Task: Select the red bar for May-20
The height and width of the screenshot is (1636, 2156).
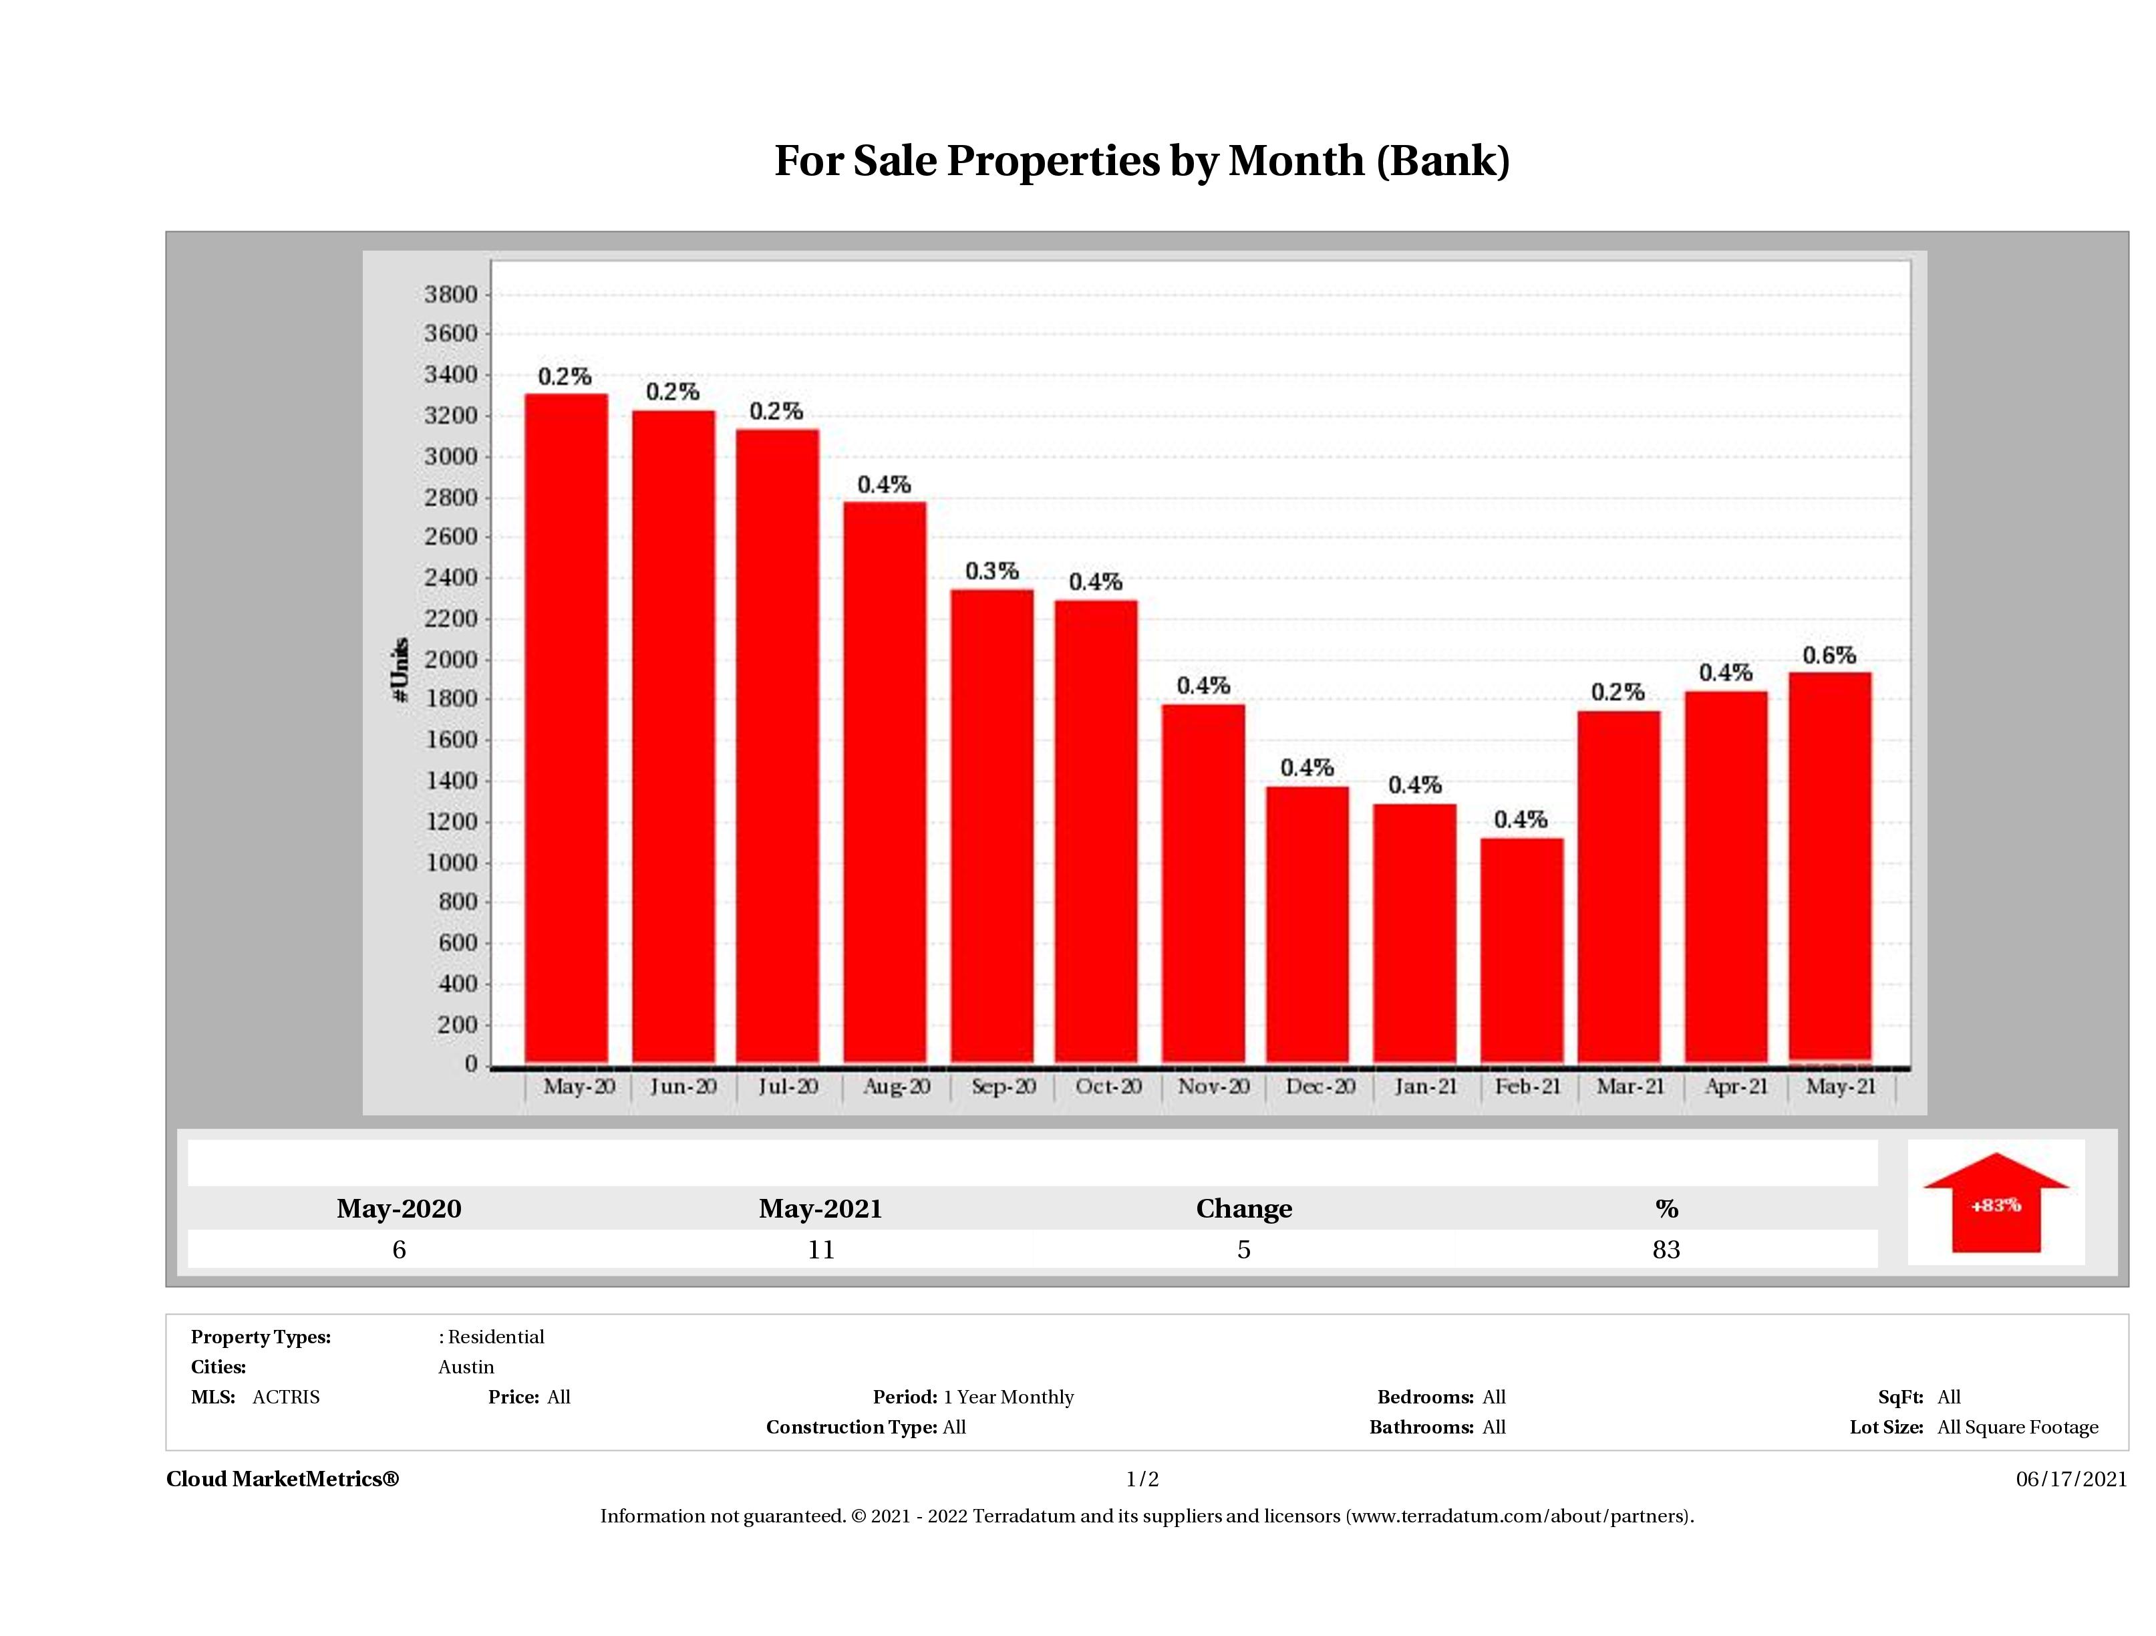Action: [x=567, y=727]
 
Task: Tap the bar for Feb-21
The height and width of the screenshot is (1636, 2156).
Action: [x=1521, y=950]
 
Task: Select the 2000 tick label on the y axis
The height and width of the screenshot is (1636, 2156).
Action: [x=450, y=659]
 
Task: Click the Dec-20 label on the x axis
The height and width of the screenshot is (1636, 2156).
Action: [x=1320, y=1086]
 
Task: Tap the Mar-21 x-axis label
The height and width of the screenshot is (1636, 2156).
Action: [x=1630, y=1086]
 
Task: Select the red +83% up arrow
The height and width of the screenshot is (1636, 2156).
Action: [x=1995, y=1203]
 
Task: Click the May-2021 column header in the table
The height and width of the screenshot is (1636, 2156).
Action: [x=820, y=1209]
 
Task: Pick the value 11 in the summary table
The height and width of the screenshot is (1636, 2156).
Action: [x=820, y=1250]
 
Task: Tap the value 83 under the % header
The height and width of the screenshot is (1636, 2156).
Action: [x=1666, y=1250]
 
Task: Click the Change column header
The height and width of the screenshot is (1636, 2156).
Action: [x=1244, y=1209]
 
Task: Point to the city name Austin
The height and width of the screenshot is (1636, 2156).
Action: [x=466, y=1367]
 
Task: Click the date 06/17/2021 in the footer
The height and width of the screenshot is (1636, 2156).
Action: [x=2071, y=1479]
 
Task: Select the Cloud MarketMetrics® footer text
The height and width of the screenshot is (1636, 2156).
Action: [x=283, y=1479]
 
